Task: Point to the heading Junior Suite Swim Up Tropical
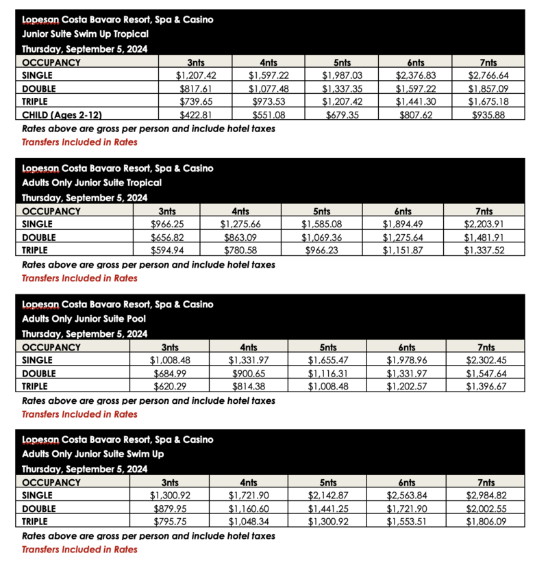coord(85,34)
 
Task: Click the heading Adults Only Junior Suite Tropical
coord(92,183)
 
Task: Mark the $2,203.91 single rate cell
coord(484,224)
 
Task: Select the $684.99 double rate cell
coord(167,373)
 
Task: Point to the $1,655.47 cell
coord(327,360)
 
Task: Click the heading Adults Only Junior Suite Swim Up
coord(92,454)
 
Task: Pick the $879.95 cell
coord(167,509)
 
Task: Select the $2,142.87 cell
coord(327,496)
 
